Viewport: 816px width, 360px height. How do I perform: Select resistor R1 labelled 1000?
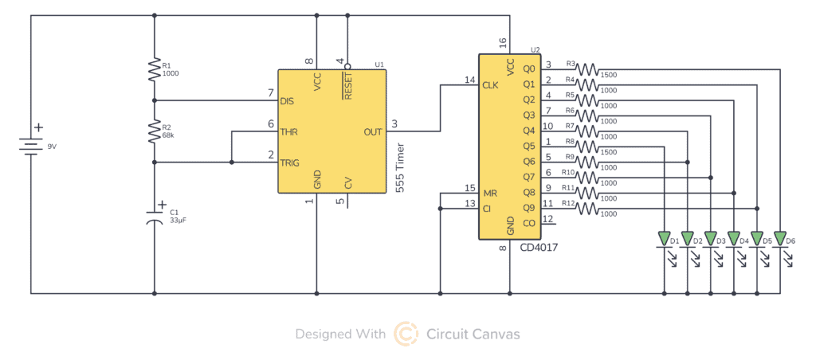(155, 70)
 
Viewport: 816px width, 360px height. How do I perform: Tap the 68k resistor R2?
(155, 131)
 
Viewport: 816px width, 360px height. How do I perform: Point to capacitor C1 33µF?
(155, 217)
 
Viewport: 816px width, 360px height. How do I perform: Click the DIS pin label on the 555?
(288, 101)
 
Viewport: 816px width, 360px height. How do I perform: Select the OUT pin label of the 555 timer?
(372, 131)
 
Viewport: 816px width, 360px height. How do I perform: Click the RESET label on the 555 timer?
(347, 83)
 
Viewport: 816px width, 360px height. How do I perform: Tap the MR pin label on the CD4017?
(489, 193)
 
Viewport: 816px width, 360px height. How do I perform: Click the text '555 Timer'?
(401, 167)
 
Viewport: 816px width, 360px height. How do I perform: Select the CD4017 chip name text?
(539, 248)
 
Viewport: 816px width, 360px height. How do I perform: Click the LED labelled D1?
(663, 238)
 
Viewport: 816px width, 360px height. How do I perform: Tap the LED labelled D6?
(779, 238)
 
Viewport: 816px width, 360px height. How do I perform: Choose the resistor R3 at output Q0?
(587, 69)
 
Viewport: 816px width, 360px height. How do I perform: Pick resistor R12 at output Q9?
(587, 209)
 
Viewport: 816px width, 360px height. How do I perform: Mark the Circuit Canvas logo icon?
(406, 334)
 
